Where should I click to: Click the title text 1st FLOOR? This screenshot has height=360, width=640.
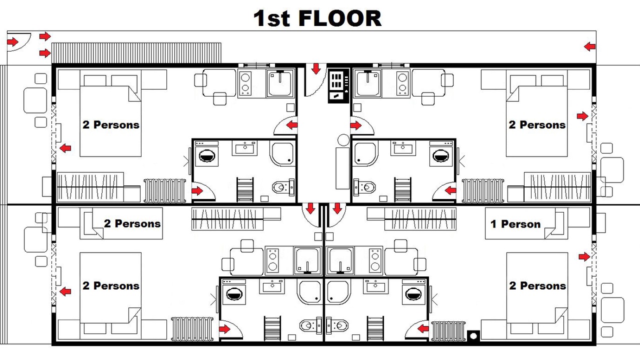click(317, 18)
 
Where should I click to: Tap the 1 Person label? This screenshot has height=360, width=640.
click(515, 224)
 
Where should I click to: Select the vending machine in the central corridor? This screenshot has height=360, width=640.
click(338, 85)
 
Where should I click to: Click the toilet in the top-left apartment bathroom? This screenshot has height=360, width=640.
click(283, 187)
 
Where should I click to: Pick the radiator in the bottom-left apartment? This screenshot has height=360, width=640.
click(192, 329)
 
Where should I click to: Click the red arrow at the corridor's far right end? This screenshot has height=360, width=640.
click(589, 46)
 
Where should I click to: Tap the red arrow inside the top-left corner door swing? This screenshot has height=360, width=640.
click(12, 42)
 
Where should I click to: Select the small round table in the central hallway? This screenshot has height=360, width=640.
click(343, 140)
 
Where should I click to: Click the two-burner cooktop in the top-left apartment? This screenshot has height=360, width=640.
click(245, 83)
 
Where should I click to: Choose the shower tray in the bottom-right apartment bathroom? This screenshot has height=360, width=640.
click(337, 292)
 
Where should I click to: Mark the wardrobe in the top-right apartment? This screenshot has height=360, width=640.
click(557, 187)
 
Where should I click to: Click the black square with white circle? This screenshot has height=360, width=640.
click(473, 335)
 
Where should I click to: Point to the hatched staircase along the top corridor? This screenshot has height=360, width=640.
click(136, 53)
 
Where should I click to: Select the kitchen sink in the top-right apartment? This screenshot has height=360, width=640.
click(367, 83)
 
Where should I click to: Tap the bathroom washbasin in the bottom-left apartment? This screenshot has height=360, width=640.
click(272, 286)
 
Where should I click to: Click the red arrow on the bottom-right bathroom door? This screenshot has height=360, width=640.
click(423, 329)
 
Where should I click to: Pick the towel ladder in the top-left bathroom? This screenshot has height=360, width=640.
click(245, 189)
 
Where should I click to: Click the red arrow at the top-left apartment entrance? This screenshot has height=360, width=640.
click(291, 125)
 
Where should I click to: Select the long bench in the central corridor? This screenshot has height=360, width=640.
click(342, 168)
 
